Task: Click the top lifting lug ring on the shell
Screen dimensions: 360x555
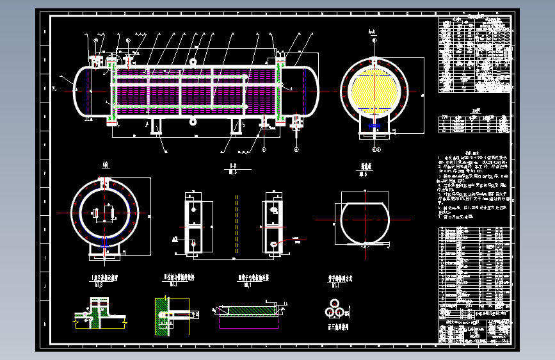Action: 192,62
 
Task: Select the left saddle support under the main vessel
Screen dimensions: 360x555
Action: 157,126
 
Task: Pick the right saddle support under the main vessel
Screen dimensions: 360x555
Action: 236,126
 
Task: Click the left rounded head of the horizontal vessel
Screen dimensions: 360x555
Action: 79,92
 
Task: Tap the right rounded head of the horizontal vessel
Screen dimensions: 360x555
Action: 314,92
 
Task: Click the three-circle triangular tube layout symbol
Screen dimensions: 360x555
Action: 334,311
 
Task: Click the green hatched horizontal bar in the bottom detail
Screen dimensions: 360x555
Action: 249,311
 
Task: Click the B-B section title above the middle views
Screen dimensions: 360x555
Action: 232,168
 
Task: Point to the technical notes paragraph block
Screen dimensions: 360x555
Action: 474,186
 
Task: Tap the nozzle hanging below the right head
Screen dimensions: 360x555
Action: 296,125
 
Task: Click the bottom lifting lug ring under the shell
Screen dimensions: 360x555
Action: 192,121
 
